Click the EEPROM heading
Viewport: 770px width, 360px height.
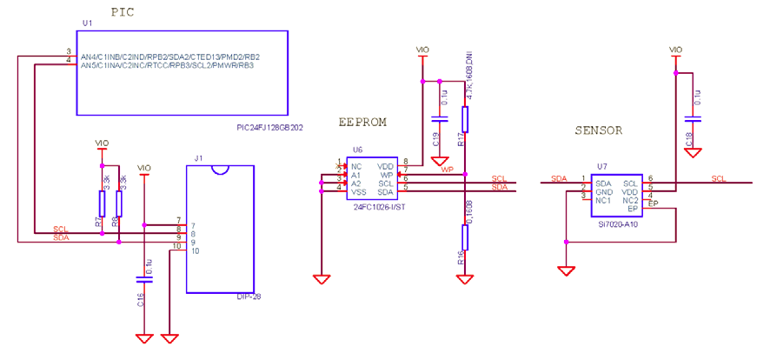[x=362, y=123]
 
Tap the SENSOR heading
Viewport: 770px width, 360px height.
[x=599, y=131]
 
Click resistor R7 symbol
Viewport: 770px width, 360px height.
[x=103, y=204]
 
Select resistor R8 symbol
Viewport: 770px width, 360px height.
[x=119, y=204]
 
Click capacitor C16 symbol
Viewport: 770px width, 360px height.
[x=144, y=280]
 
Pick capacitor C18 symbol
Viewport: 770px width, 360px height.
[x=693, y=119]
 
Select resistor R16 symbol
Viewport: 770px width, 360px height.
[x=466, y=236]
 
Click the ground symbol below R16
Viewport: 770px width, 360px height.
[x=466, y=279]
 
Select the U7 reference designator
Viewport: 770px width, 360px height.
[x=601, y=165]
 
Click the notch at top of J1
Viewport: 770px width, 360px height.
[x=221, y=169]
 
